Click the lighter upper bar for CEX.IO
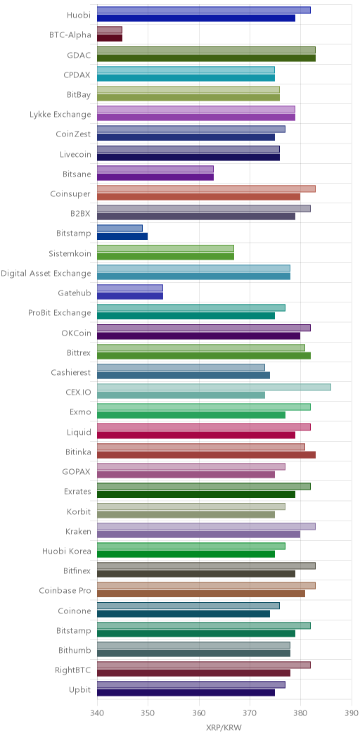[214, 388]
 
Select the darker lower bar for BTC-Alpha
[110, 38]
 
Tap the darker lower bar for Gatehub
[130, 296]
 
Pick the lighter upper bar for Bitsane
[155, 169]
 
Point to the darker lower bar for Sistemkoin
[166, 256]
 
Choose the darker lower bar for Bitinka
[206, 455]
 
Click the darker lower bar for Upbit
[186, 693]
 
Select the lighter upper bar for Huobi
[204, 11]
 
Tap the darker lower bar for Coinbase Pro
[201, 594]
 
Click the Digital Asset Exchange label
[46, 273]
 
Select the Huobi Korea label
[67, 551]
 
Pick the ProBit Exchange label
[59, 313]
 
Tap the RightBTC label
[74, 670]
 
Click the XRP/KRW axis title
[224, 728]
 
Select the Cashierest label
[71, 372]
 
